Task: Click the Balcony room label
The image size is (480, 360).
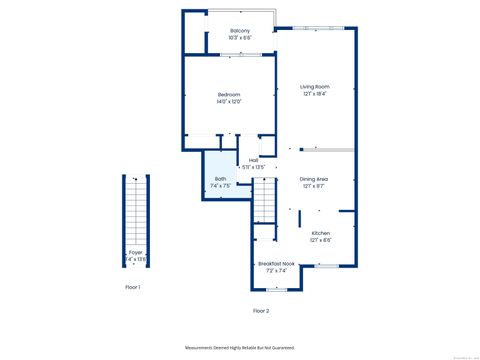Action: pyautogui.click(x=240, y=31)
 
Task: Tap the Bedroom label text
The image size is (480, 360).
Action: pyautogui.click(x=229, y=95)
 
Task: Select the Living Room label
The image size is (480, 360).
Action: pyautogui.click(x=315, y=87)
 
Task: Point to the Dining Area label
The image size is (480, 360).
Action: pyautogui.click(x=314, y=179)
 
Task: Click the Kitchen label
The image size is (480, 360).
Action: pyautogui.click(x=320, y=233)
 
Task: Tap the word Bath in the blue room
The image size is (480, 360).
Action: pyautogui.click(x=220, y=179)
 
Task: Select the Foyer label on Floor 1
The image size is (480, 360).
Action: pyautogui.click(x=135, y=252)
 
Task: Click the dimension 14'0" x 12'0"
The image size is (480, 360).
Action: pyautogui.click(x=229, y=102)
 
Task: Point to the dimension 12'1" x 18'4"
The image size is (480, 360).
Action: pyautogui.click(x=315, y=94)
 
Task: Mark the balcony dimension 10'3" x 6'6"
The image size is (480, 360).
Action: pyautogui.click(x=240, y=38)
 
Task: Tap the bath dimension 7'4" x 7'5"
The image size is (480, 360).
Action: pyautogui.click(x=221, y=186)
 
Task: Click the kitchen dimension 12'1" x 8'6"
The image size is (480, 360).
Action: pyautogui.click(x=320, y=240)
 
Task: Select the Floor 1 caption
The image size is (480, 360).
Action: pyautogui.click(x=132, y=287)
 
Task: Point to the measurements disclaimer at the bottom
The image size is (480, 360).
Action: pyautogui.click(x=239, y=347)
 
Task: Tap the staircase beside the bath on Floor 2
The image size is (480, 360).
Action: pyautogui.click(x=263, y=205)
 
